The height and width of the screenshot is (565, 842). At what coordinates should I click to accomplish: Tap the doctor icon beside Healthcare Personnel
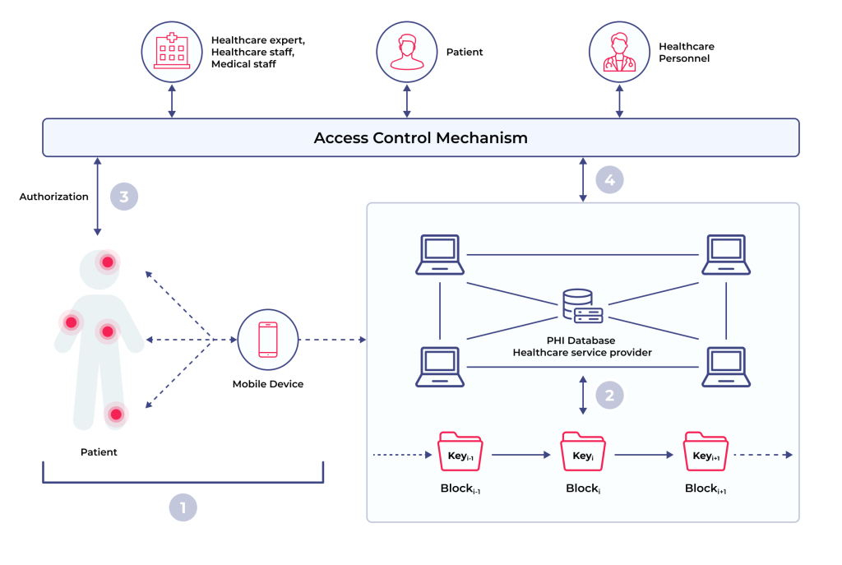coord(618,51)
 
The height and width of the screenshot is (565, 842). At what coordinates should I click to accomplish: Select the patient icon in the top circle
coord(406,51)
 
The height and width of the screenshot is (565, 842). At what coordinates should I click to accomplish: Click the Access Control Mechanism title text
coord(420,137)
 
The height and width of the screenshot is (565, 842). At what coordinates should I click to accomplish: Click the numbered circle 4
coord(610,178)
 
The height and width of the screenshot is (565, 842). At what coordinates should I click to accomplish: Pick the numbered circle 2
coord(609,395)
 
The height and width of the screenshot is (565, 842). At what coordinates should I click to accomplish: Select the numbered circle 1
coord(183,507)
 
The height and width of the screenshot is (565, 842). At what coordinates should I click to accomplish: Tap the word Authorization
coord(53,197)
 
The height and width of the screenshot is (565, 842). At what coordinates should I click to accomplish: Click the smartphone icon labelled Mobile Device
coord(268,339)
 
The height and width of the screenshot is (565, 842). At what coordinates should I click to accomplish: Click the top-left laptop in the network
coord(440,254)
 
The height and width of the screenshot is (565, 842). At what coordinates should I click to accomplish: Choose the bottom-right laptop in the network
coord(724,366)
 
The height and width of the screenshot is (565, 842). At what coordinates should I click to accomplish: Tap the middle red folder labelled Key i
coord(582,452)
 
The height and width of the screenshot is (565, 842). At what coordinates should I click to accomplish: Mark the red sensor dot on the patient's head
coord(107,262)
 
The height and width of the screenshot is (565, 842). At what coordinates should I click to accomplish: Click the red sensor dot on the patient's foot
coord(117,414)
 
